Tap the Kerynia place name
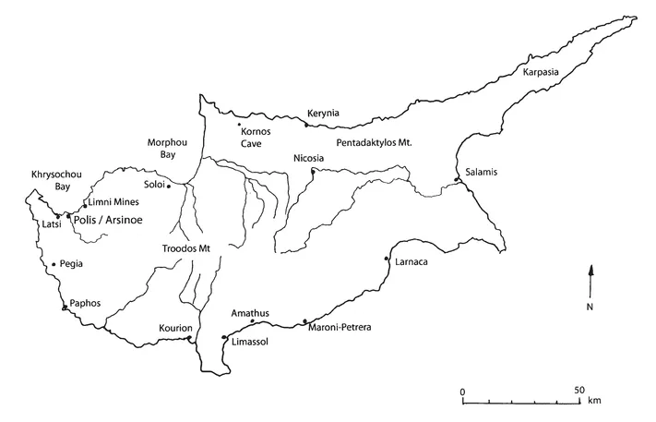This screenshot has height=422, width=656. click(x=323, y=114)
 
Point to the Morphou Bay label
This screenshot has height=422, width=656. click(x=162, y=148)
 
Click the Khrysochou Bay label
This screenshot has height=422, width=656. click(x=52, y=179)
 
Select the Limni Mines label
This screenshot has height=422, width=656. click(x=109, y=201)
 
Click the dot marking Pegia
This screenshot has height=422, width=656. click(x=54, y=264)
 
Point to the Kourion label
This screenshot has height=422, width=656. click(x=175, y=329)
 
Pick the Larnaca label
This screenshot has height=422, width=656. click(x=411, y=262)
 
